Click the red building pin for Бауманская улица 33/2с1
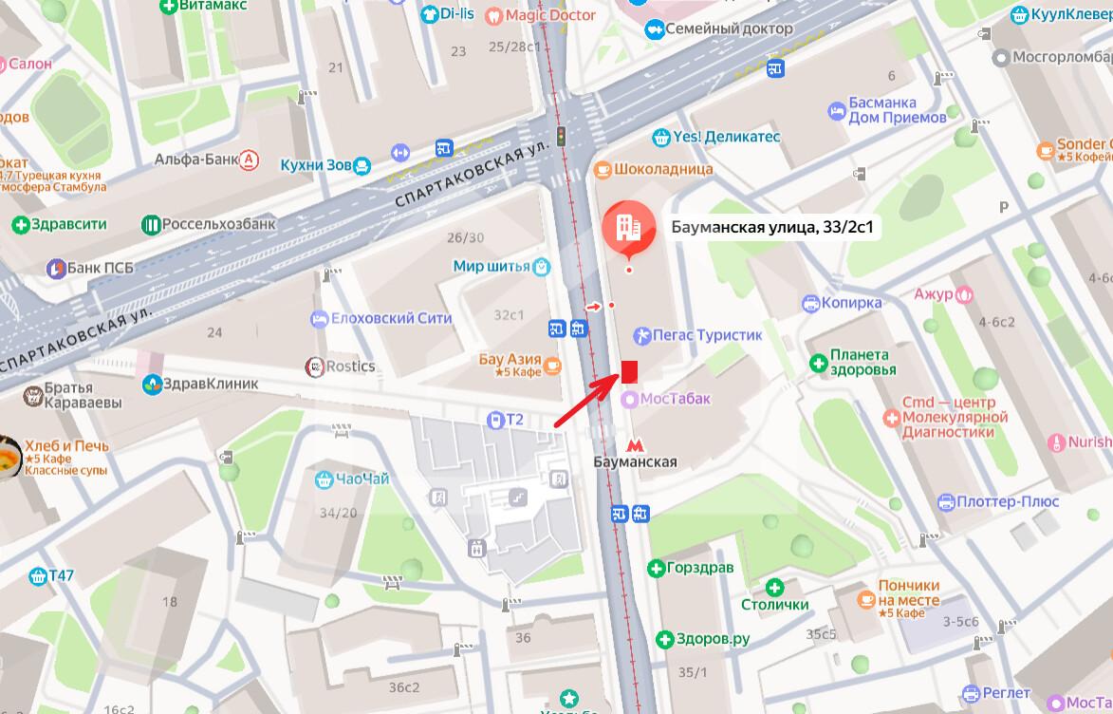point(626,228)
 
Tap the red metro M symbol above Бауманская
point(636,444)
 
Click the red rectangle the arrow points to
point(628,371)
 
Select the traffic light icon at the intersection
point(561,136)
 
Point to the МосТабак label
point(674,399)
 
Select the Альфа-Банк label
point(195,160)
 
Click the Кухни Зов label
point(316,165)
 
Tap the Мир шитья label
point(492,267)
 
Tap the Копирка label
point(852,303)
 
